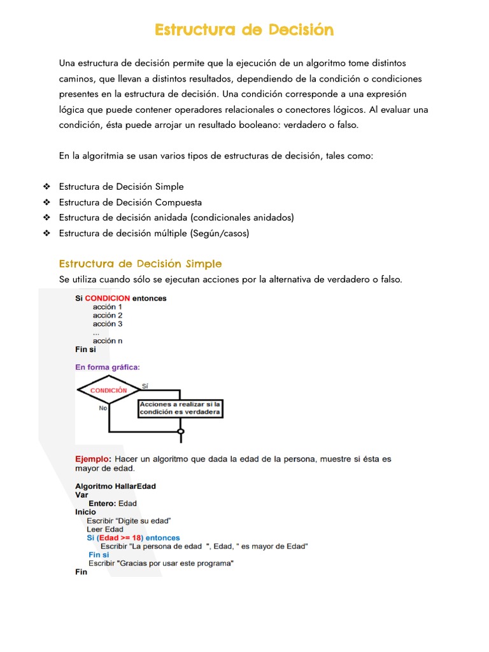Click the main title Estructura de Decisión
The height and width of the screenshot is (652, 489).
pos(244,30)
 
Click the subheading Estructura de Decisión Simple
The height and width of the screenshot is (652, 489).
pos(140,264)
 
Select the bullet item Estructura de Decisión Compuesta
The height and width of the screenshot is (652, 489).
pos(130,202)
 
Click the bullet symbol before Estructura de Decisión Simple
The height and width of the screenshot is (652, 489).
pos(46,187)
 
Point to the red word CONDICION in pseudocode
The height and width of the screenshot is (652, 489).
pos(108,298)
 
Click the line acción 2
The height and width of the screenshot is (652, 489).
pos(108,315)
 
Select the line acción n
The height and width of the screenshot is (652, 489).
pos(108,341)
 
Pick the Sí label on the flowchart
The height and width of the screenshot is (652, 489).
pos(145,386)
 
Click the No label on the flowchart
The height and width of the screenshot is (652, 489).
pos(103,408)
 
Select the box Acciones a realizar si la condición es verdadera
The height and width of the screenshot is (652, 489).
pos(180,408)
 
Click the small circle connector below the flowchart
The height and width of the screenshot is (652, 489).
pos(181,432)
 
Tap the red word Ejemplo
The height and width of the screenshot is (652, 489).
pos(93,458)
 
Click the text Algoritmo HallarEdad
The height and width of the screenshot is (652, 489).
pos(115,486)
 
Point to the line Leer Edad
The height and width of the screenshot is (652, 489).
pos(105,529)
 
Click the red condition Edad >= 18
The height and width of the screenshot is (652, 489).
pos(118,538)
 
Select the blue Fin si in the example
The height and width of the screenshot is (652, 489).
pos(99,555)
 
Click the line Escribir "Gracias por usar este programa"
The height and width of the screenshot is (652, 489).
pos(161,563)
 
